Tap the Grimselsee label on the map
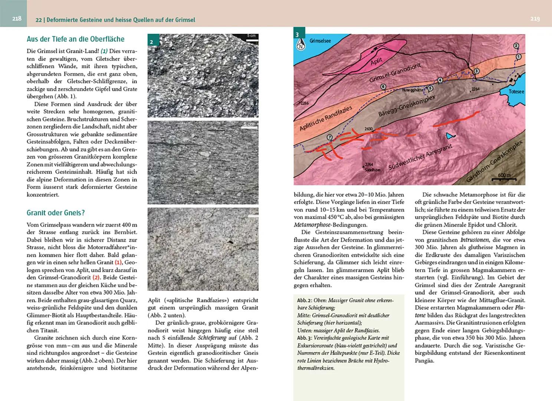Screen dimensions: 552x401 point(320,41)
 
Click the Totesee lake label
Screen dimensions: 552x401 point(516,91)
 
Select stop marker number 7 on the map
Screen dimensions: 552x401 point(329,137)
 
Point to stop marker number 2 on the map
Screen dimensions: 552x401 point(516,46)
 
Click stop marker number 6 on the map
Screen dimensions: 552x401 point(383,87)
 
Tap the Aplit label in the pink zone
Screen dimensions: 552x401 point(376,61)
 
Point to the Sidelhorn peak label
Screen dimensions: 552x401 point(372,170)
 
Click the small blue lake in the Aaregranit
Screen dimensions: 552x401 point(450,136)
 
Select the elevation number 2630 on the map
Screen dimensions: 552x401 point(368,129)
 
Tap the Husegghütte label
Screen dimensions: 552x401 point(412,90)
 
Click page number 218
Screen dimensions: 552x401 point(17,19)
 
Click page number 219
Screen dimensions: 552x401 point(535,19)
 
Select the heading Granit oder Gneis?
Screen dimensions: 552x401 point(56,213)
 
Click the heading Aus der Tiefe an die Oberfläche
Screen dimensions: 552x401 point(75,39)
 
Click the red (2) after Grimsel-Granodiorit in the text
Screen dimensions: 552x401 point(96,277)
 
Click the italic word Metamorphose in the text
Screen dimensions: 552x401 point(312,225)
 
